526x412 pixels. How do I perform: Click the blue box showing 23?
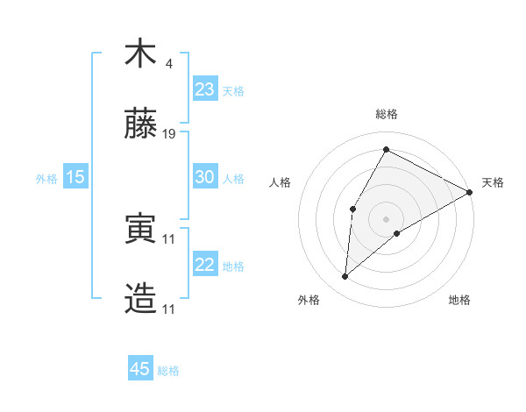click(x=204, y=89)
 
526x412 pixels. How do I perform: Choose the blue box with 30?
click(x=204, y=177)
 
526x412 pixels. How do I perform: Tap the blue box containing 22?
click(x=204, y=265)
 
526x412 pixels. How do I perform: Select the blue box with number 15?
click(x=75, y=177)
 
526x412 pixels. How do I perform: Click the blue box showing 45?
click(x=140, y=369)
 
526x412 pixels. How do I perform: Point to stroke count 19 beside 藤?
click(x=170, y=134)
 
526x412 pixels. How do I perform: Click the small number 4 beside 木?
click(x=168, y=63)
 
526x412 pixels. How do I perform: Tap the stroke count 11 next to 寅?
click(x=170, y=238)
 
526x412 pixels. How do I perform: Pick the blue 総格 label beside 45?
click(x=169, y=370)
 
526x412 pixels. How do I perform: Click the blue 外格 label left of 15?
click(x=46, y=178)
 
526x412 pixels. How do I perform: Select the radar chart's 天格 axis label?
click(x=493, y=182)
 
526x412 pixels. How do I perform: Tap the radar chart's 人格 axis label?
click(x=280, y=182)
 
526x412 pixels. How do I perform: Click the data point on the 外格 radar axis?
click(x=345, y=277)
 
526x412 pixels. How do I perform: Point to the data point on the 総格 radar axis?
click(x=386, y=149)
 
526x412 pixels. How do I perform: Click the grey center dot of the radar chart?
click(x=386, y=218)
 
